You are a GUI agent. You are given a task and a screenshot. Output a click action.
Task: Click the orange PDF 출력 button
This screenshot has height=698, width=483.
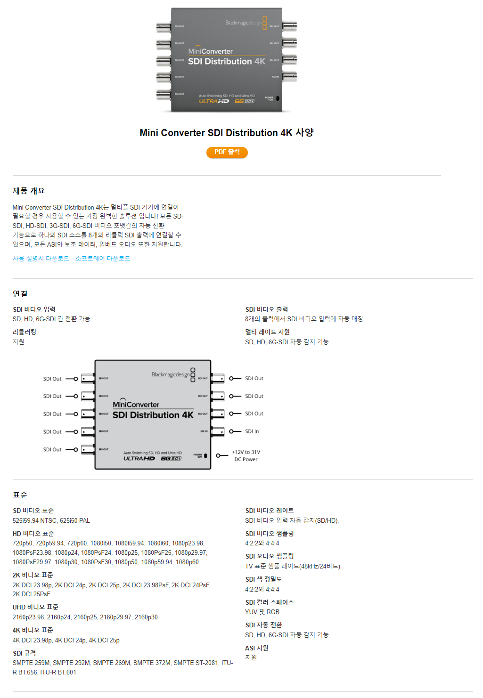(227, 152)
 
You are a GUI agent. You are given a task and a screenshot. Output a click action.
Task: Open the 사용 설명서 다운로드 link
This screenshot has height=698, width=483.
(41, 259)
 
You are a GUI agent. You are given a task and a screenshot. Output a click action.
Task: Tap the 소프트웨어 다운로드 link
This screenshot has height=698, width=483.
(103, 259)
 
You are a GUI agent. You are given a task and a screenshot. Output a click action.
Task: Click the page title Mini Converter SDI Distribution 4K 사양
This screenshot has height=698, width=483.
(227, 133)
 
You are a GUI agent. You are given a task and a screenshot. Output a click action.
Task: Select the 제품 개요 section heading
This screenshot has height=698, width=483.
(29, 191)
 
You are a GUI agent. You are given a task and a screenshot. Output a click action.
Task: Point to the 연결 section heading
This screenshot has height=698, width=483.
(20, 294)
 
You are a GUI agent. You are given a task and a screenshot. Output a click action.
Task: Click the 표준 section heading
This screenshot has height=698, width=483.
(20, 495)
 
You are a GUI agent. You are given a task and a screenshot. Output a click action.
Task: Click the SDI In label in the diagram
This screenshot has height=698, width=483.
(252, 431)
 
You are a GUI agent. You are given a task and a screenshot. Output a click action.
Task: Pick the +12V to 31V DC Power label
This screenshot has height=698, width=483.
(246, 455)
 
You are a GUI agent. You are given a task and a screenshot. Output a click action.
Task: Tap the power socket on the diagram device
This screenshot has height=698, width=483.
(205, 456)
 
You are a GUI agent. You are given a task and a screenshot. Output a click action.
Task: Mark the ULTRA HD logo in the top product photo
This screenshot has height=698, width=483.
(214, 101)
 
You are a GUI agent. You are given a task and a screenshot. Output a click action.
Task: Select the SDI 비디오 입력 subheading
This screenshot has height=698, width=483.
(34, 309)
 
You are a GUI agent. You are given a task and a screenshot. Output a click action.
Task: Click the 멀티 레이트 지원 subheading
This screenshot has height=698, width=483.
(267, 332)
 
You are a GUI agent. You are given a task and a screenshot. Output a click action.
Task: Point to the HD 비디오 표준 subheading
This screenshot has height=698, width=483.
(33, 534)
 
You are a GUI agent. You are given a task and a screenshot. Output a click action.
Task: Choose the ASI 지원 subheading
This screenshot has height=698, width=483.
(257, 648)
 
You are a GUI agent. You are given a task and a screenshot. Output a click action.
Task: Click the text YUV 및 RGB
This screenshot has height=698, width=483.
(262, 612)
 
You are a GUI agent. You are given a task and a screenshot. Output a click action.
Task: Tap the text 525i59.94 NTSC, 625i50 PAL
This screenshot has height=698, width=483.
(51, 520)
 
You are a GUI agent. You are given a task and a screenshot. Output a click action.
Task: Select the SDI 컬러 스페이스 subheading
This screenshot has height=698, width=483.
(270, 602)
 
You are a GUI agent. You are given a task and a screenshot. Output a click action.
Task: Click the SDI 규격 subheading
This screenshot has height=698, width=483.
(25, 653)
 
